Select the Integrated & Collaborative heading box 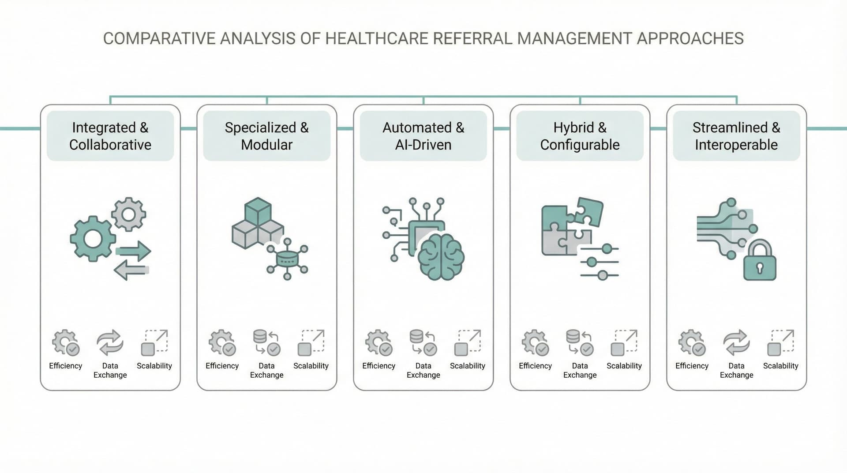pos(110,136)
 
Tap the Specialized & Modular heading pos(266,136)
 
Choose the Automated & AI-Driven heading pos(423,136)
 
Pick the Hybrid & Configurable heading pos(580,136)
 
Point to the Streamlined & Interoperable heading pos(736,136)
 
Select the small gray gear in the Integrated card pos(128,214)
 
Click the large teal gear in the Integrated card pos(93,239)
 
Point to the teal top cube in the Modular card pos(258,211)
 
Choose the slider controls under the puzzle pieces pos(599,262)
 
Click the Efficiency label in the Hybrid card pos(535,366)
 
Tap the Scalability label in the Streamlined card pos(780,366)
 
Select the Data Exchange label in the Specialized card pos(266,370)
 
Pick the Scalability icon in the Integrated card pos(154,342)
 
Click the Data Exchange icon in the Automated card pos(423,342)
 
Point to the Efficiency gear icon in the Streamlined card pos(692,342)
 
